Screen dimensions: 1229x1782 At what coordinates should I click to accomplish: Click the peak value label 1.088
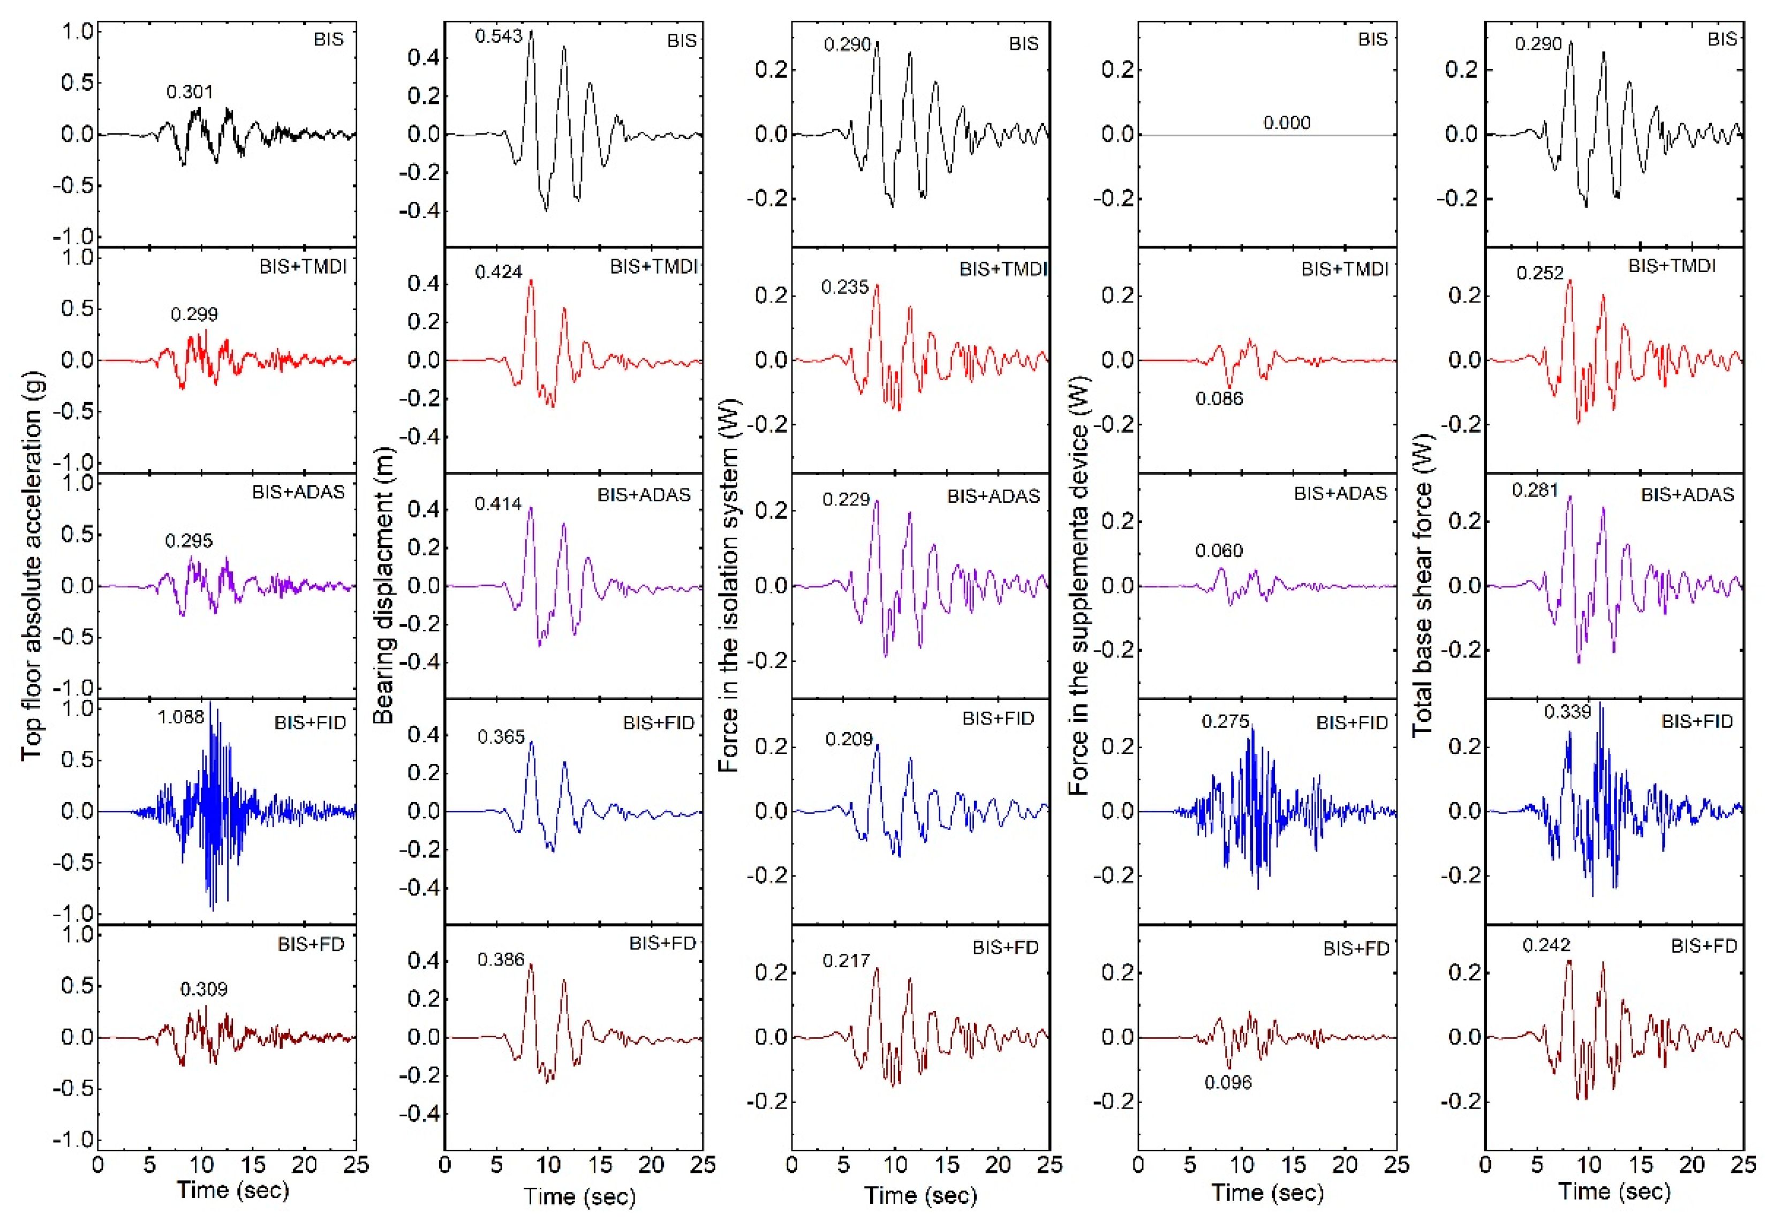[181, 717]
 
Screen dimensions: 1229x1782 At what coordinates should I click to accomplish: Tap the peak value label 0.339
[1567, 712]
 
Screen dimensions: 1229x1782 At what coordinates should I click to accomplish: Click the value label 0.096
[1228, 1082]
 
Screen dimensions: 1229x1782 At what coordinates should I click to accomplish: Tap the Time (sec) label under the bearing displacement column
[579, 1196]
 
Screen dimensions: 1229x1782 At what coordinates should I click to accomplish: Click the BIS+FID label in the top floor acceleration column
[310, 723]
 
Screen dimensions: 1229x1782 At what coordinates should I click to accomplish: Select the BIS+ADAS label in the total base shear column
[1687, 494]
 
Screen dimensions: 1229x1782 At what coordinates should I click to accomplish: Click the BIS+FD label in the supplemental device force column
[1356, 949]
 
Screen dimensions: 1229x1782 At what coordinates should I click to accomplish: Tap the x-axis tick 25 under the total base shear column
[1743, 1164]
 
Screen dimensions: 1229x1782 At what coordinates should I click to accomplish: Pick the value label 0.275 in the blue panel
[1225, 722]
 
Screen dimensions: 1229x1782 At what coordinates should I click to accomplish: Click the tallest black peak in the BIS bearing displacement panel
[530, 32]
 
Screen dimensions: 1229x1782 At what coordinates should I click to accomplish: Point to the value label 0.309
[203, 989]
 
